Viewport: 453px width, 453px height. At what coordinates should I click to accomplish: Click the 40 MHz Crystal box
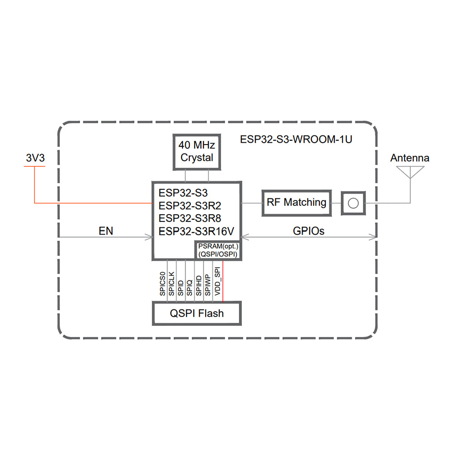[197, 152]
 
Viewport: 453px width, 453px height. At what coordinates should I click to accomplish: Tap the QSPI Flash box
[197, 313]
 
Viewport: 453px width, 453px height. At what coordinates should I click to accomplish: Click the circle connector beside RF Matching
[354, 202]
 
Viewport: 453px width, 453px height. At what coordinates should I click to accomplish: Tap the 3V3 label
[35, 158]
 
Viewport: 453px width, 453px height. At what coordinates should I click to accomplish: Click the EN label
[106, 231]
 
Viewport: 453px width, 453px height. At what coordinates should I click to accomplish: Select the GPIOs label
[308, 231]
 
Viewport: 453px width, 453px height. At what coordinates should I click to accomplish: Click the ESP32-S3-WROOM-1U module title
[296, 139]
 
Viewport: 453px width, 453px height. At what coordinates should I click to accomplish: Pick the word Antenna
[410, 158]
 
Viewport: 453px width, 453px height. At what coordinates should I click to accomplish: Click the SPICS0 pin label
[163, 284]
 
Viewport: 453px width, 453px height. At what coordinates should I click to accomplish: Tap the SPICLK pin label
[172, 284]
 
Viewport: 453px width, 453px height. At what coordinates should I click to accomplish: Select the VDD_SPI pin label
[217, 282]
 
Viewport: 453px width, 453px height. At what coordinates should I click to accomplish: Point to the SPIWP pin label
[207, 285]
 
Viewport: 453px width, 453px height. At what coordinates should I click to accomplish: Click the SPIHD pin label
[198, 285]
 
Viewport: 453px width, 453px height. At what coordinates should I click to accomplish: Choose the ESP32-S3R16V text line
[196, 231]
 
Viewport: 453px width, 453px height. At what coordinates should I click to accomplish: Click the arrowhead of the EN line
[149, 236]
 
